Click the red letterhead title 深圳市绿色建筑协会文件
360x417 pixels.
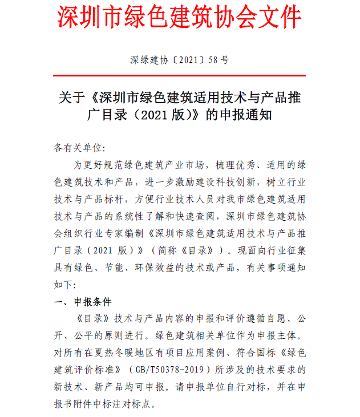(x=180, y=18)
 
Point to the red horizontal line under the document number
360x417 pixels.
(x=180, y=75)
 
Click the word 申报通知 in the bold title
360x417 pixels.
(x=246, y=115)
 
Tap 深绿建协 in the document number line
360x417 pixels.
(x=146, y=59)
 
